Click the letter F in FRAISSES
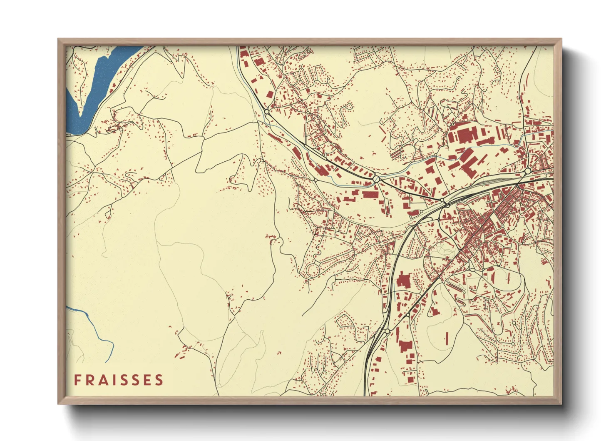click(77, 380)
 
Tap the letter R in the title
click(89, 380)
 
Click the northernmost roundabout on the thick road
click(267, 112)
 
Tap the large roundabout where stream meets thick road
click(376, 179)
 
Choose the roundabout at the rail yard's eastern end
click(527, 171)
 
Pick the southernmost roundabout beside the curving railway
click(387, 331)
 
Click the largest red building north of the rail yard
click(466, 135)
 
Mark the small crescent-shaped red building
click(469, 275)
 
